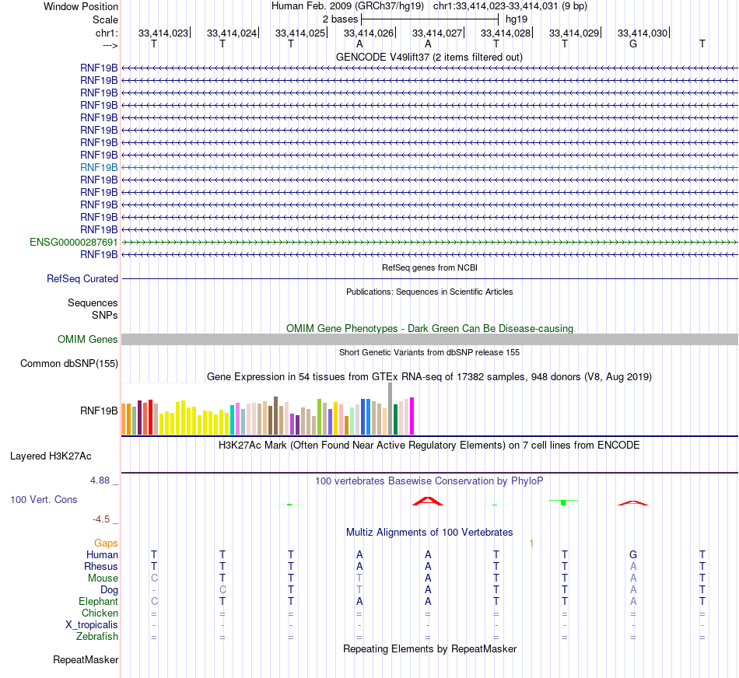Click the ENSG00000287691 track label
(x=74, y=242)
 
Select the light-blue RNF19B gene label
(x=99, y=167)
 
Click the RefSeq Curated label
(x=82, y=278)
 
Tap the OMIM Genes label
(x=88, y=339)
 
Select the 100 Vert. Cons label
(x=44, y=499)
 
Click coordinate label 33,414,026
(x=368, y=33)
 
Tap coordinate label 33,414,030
(x=642, y=33)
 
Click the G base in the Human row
(x=633, y=554)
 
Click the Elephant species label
(x=98, y=601)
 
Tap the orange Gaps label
(x=106, y=543)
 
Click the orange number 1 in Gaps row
(x=531, y=543)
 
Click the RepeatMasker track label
(x=86, y=660)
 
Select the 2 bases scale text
(x=340, y=19)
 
